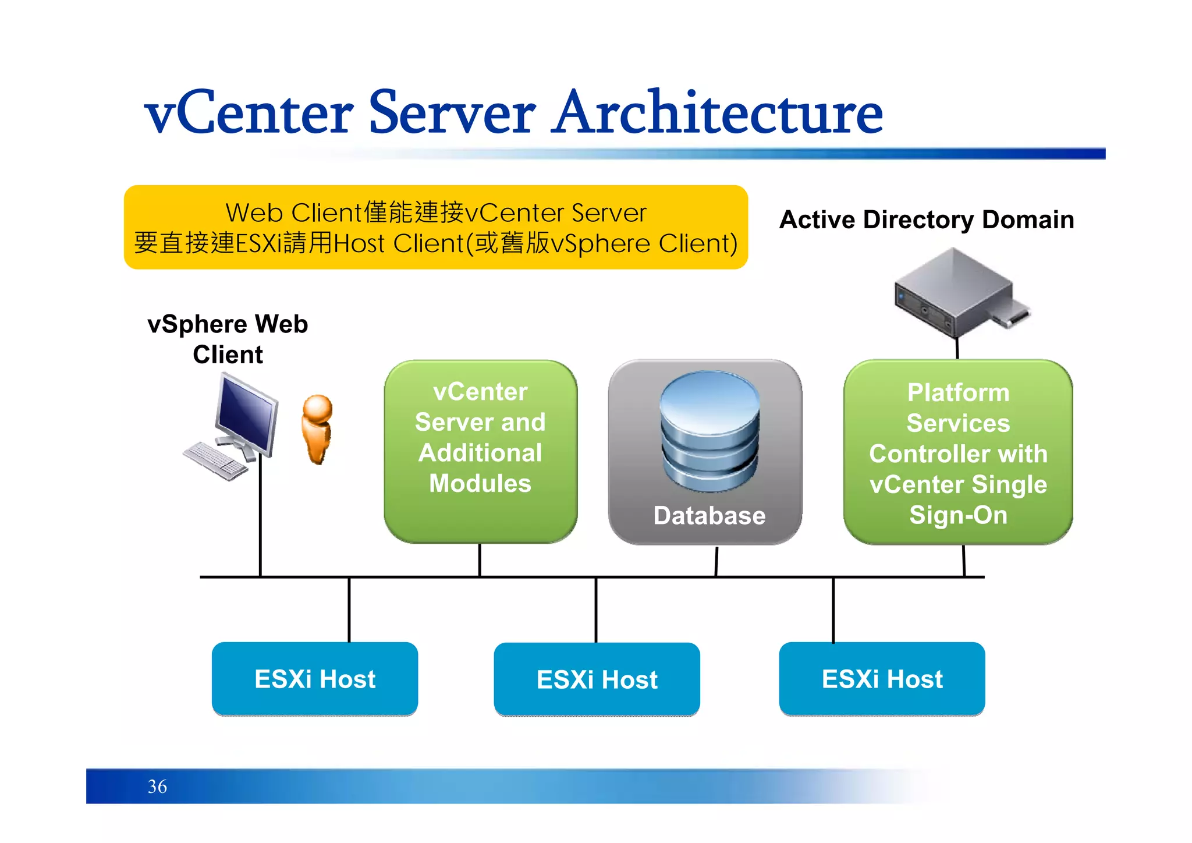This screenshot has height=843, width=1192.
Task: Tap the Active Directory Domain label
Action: pyautogui.click(x=927, y=220)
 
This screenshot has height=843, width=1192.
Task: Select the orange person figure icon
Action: pyautogui.click(x=317, y=429)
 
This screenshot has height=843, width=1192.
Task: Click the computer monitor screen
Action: pyautogui.click(x=247, y=413)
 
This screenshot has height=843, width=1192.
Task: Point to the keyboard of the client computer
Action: pyautogui.click(x=215, y=460)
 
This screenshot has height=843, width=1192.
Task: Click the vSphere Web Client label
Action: pyautogui.click(x=228, y=339)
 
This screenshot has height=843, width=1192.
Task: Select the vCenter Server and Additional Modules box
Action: pyautogui.click(x=480, y=451)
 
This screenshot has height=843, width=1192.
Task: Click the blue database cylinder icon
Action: pyautogui.click(x=709, y=431)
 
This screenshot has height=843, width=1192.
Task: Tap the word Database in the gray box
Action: pyautogui.click(x=709, y=516)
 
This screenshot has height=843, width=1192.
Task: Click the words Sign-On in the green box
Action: pyautogui.click(x=958, y=515)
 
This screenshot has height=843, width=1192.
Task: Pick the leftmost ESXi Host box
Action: pyautogui.click(x=315, y=679)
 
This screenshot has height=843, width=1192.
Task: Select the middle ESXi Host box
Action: pyautogui.click(x=597, y=679)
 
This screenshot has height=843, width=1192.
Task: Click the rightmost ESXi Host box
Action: pyautogui.click(x=882, y=679)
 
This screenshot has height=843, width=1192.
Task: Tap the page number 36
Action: pyautogui.click(x=157, y=787)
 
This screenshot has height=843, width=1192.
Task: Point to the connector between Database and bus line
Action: pyautogui.click(x=716, y=561)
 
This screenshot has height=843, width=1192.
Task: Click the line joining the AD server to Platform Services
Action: pyautogui.click(x=957, y=348)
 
